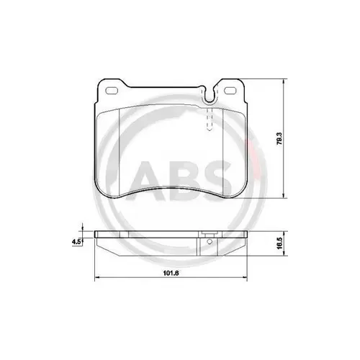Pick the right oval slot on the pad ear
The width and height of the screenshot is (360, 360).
click(230, 91)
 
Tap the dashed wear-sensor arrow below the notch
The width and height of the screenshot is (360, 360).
click(209, 119)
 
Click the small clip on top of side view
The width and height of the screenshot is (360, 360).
click(208, 233)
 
